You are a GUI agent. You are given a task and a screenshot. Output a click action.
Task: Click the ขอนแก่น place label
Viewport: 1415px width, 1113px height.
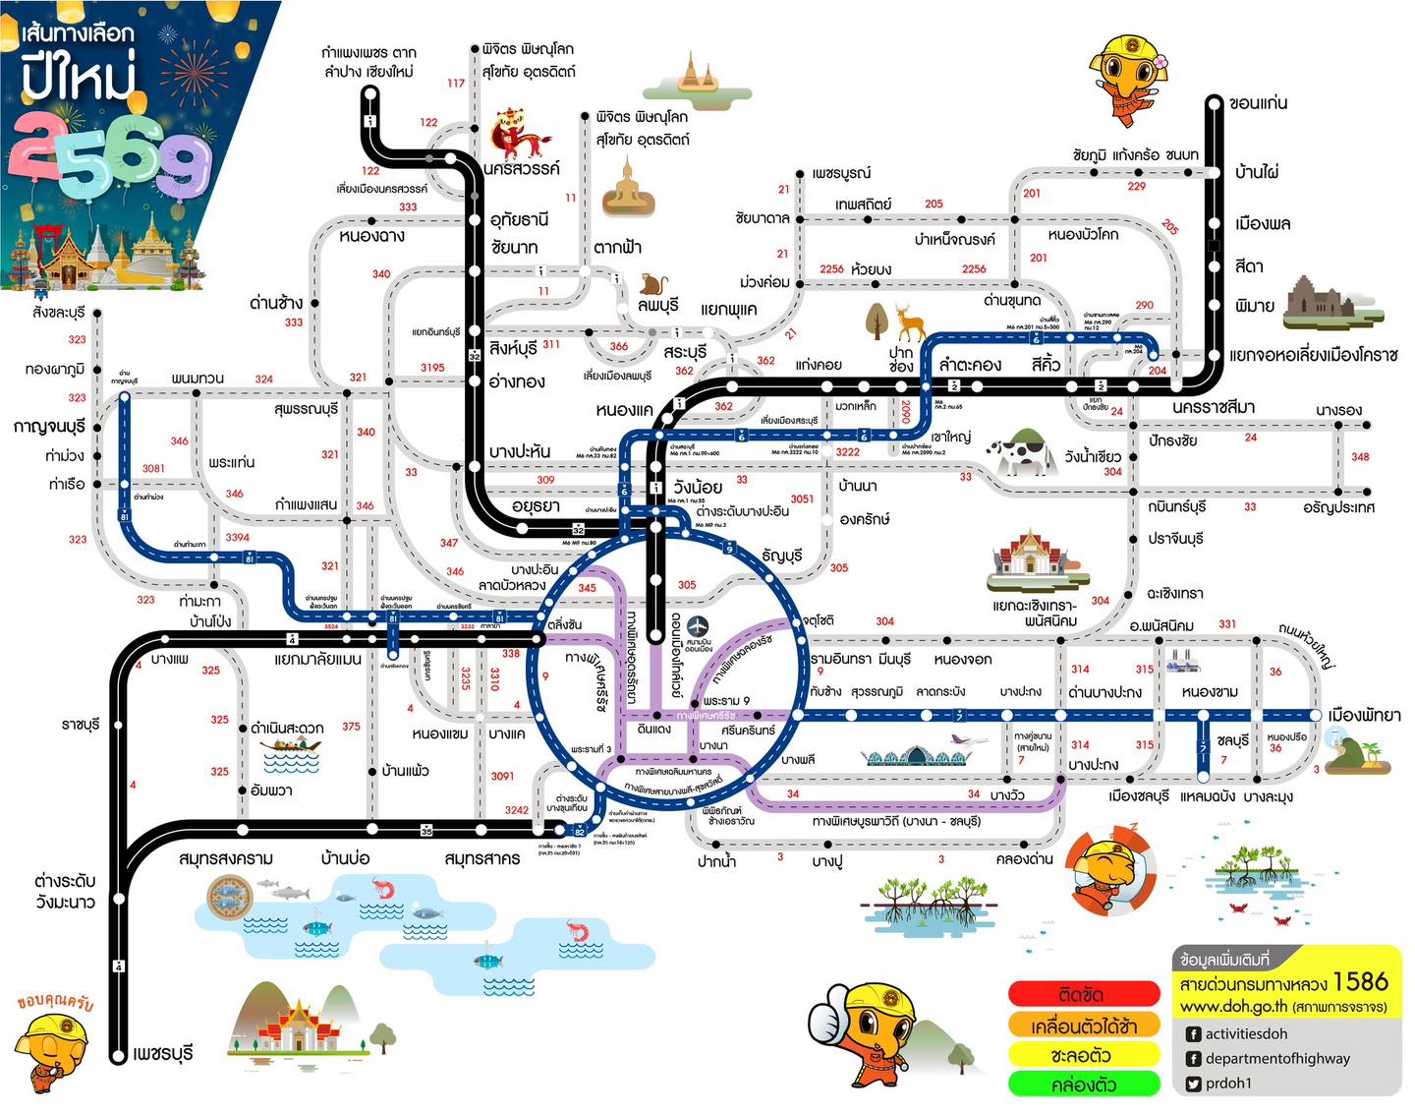pos(1259,103)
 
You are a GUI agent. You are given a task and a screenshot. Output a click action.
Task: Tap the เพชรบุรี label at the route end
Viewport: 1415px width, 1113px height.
pos(163,1053)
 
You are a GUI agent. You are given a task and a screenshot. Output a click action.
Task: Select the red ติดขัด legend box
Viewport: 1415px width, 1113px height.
pos(1084,994)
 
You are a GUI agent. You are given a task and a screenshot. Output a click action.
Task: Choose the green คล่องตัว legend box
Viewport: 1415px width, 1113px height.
pos(1084,1084)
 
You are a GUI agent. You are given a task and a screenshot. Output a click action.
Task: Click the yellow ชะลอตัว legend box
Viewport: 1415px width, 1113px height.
pos(1084,1055)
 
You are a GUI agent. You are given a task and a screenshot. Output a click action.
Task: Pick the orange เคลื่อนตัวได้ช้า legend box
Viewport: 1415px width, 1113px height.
pos(1084,1025)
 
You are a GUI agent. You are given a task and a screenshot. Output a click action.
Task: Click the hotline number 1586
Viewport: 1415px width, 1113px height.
pos(1361,981)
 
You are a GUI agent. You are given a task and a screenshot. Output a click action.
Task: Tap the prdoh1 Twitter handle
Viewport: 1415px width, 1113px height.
pos(1228,1083)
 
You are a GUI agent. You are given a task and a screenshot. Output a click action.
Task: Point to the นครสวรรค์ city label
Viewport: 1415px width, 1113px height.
pos(522,168)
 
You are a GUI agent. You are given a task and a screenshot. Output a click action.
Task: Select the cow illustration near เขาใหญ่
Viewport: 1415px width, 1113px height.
pos(1022,452)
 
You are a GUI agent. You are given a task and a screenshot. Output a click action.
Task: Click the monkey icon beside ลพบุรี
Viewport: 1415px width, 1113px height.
pos(653,284)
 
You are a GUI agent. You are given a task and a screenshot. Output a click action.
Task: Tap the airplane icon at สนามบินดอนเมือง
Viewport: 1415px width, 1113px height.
pos(698,626)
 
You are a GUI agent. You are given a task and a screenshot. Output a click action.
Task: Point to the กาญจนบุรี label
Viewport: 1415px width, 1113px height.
pos(49,427)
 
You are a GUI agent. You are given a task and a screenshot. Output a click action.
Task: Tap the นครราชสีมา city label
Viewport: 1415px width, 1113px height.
pos(1213,407)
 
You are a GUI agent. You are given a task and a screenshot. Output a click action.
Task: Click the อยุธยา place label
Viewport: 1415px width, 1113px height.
pos(536,505)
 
